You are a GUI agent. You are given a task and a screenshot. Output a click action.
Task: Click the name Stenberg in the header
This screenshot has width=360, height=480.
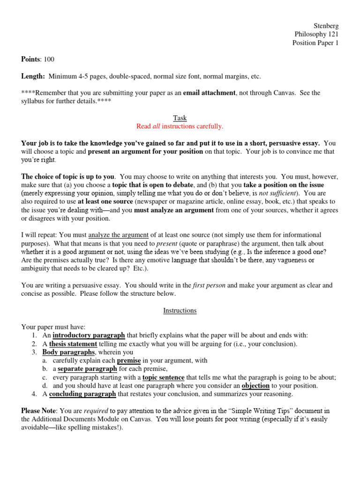pyautogui.click(x=325, y=26)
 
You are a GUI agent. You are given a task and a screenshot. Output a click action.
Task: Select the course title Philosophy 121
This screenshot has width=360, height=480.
pyautogui.click(x=316, y=34)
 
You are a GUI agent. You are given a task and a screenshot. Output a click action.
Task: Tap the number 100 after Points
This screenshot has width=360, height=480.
pyautogui.click(x=49, y=59)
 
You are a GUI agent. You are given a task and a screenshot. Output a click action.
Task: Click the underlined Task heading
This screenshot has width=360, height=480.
pyautogui.click(x=180, y=118)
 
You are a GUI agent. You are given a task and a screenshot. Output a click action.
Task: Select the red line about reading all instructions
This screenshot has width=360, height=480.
pyautogui.click(x=180, y=127)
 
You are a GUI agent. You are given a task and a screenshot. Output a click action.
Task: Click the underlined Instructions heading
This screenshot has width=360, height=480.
pyautogui.click(x=180, y=310)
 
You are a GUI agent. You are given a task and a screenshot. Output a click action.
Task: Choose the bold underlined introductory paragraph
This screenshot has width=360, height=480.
pyautogui.click(x=89, y=335)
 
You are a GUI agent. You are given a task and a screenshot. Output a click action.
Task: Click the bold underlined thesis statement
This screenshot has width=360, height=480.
pyautogui.click(x=73, y=344)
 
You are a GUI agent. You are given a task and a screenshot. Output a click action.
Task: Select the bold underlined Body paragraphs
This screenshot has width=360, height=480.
pyautogui.click(x=69, y=352)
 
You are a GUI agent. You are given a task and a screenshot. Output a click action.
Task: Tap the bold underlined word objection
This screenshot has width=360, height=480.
pyautogui.click(x=255, y=386)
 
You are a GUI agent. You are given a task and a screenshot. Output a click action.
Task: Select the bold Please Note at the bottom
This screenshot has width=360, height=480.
pyautogui.click(x=39, y=411)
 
